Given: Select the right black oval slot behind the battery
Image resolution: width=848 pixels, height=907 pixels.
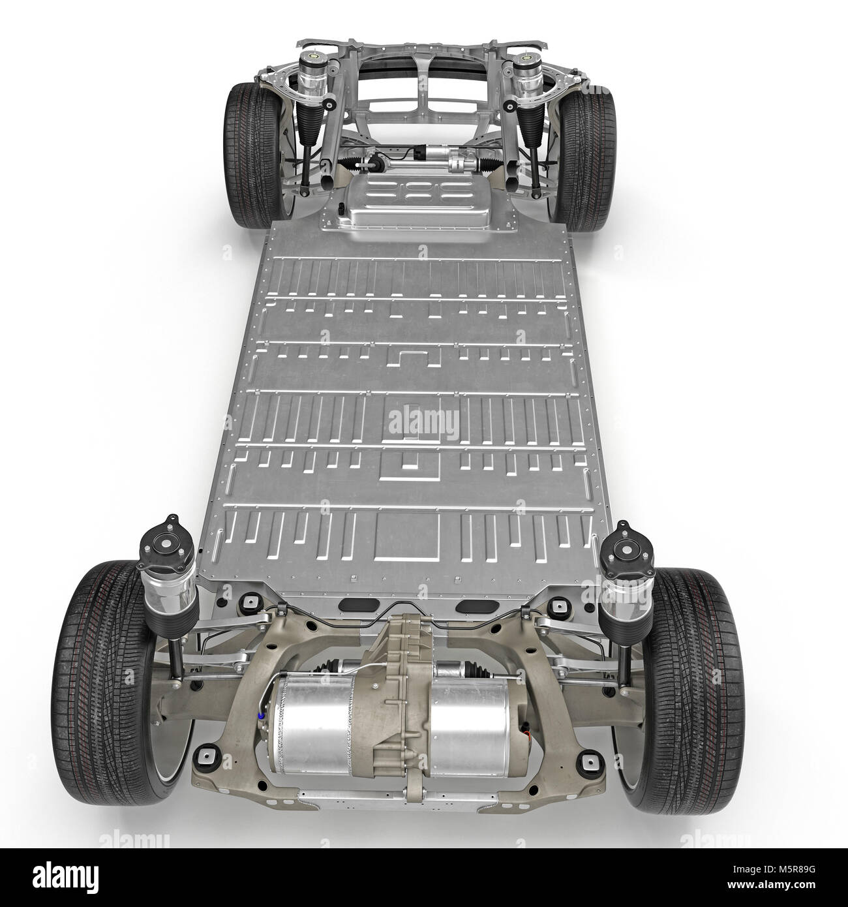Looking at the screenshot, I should coord(470,607).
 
